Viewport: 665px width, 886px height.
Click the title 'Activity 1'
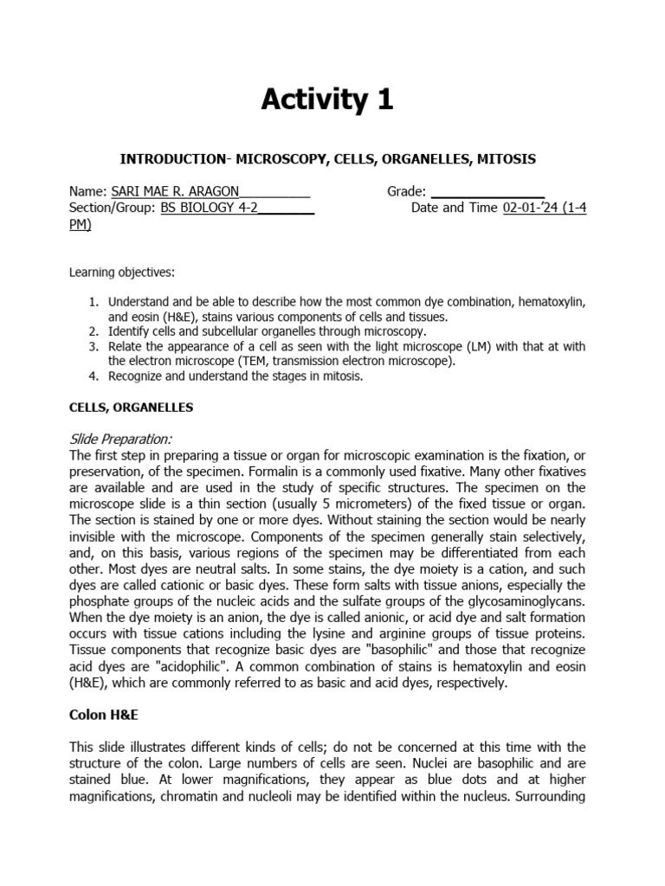(x=327, y=100)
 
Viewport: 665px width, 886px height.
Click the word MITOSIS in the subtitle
(x=507, y=159)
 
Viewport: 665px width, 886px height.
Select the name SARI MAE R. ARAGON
(x=172, y=191)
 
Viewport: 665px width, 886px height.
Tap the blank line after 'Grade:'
(x=487, y=191)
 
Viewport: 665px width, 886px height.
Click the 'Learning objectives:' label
(x=121, y=273)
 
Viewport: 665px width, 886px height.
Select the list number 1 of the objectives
(x=94, y=302)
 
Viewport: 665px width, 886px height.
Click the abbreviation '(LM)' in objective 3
(x=466, y=346)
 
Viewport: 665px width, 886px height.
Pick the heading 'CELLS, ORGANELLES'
(x=131, y=407)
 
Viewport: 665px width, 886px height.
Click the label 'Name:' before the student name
(x=86, y=191)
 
